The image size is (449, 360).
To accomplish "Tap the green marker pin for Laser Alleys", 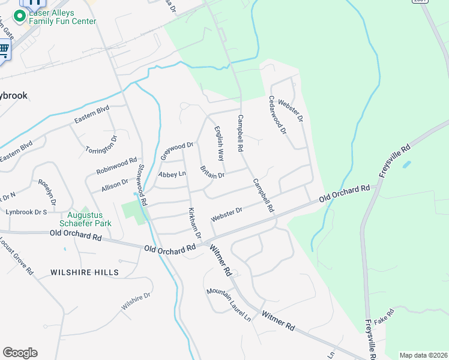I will pyautogui.click(x=20, y=14).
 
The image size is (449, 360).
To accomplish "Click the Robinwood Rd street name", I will pyautogui.click(x=117, y=167).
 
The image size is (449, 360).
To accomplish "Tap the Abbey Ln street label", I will pyautogui.click(x=172, y=174).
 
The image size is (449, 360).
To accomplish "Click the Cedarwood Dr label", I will pyautogui.click(x=278, y=115).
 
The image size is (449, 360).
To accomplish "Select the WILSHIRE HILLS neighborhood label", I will pyautogui.click(x=84, y=272).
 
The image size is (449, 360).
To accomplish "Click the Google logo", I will pyautogui.click(x=20, y=353).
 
